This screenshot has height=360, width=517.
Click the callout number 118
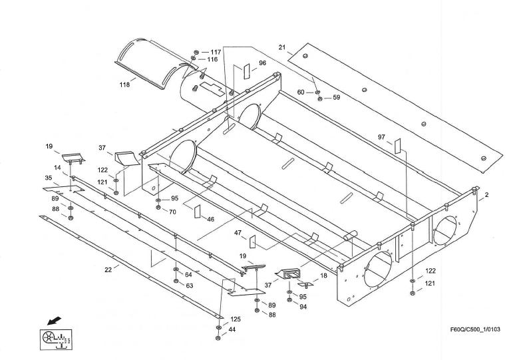coord(124,85)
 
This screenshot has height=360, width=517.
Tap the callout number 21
coord(282,47)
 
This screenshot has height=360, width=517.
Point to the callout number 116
coord(212,60)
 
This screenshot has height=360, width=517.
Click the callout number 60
coord(301,92)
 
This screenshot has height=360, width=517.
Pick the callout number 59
coord(336,98)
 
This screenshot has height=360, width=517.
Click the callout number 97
coord(382,137)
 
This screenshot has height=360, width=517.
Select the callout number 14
coord(59,168)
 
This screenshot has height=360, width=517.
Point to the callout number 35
coord(49,178)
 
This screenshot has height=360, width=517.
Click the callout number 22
coord(108,269)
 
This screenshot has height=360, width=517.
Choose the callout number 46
coord(210,218)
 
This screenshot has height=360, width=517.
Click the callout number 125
coord(236,319)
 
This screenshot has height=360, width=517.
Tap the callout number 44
coord(232,329)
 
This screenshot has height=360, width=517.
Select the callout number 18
coord(323,274)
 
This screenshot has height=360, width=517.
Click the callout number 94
coord(303,307)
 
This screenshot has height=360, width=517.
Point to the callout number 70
coord(172,212)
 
